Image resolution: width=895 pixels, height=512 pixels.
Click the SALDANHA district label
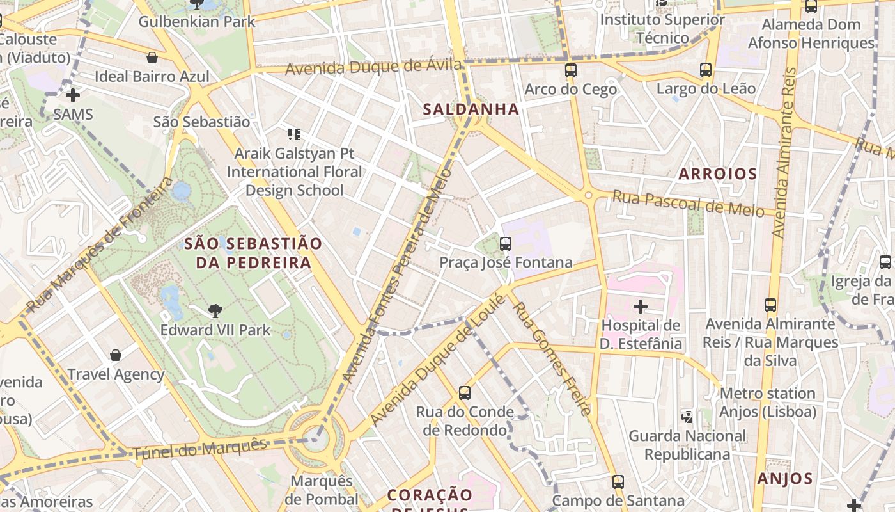tap(471, 109)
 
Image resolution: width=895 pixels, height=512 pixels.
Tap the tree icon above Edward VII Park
tap(215, 311)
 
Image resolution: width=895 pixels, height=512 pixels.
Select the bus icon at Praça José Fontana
tap(506, 243)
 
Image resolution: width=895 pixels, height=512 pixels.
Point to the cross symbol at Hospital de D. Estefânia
tap(640, 306)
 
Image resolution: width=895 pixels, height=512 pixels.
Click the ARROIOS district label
tap(717, 173)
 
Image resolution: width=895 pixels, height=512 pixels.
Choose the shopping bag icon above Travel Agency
tap(116, 355)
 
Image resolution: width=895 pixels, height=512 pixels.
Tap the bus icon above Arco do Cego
tap(571, 70)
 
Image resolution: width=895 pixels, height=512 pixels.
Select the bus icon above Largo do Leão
tap(706, 69)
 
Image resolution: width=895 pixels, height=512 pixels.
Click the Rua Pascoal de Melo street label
tap(688, 204)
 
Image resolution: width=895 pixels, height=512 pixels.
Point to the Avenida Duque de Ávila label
tap(373, 66)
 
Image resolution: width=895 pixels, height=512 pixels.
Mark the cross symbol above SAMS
tap(73, 95)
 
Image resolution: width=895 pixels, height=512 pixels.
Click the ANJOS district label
tap(785, 479)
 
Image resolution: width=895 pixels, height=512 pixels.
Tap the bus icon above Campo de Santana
tap(618, 481)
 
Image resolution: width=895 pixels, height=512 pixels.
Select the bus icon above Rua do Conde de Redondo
tap(465, 392)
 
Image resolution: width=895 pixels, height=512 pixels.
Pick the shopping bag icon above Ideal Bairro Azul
tap(152, 58)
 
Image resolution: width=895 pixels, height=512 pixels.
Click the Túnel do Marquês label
tap(199, 448)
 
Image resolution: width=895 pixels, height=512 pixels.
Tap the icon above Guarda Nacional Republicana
tap(687, 417)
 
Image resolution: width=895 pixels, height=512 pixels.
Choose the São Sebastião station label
tap(201, 122)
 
